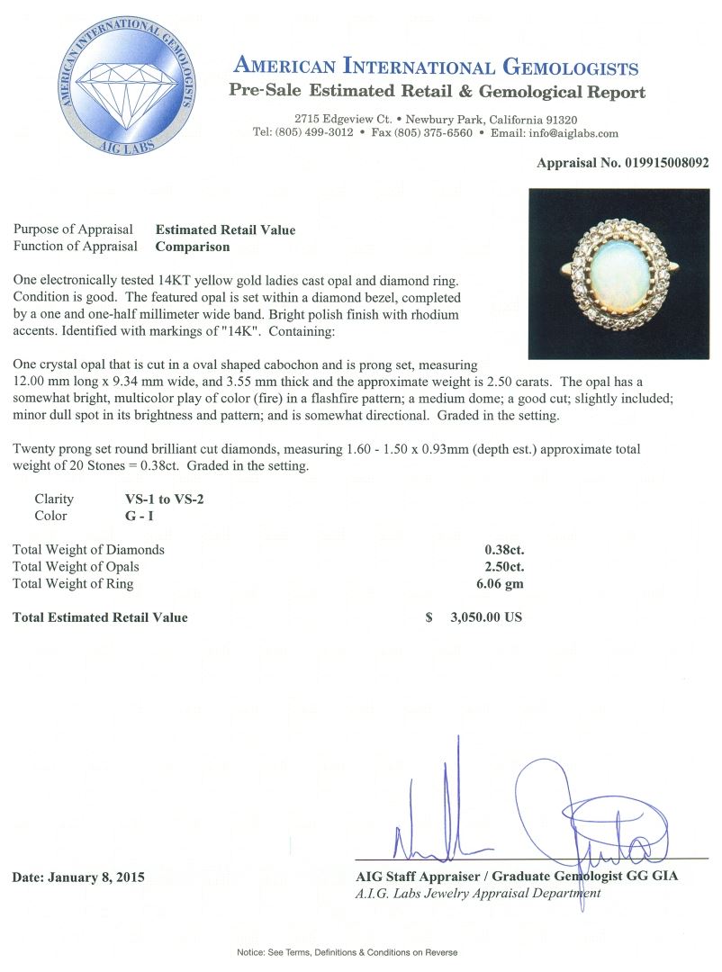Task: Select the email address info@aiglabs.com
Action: (573, 133)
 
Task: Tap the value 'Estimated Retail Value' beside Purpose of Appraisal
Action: (225, 229)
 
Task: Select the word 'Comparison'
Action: (193, 246)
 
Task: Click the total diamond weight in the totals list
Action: (504, 549)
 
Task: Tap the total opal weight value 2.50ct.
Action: (504, 566)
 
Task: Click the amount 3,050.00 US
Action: (480, 617)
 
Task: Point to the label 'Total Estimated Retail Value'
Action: (100, 617)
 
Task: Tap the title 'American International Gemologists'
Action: (436, 68)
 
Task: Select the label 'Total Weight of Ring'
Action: (73, 583)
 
